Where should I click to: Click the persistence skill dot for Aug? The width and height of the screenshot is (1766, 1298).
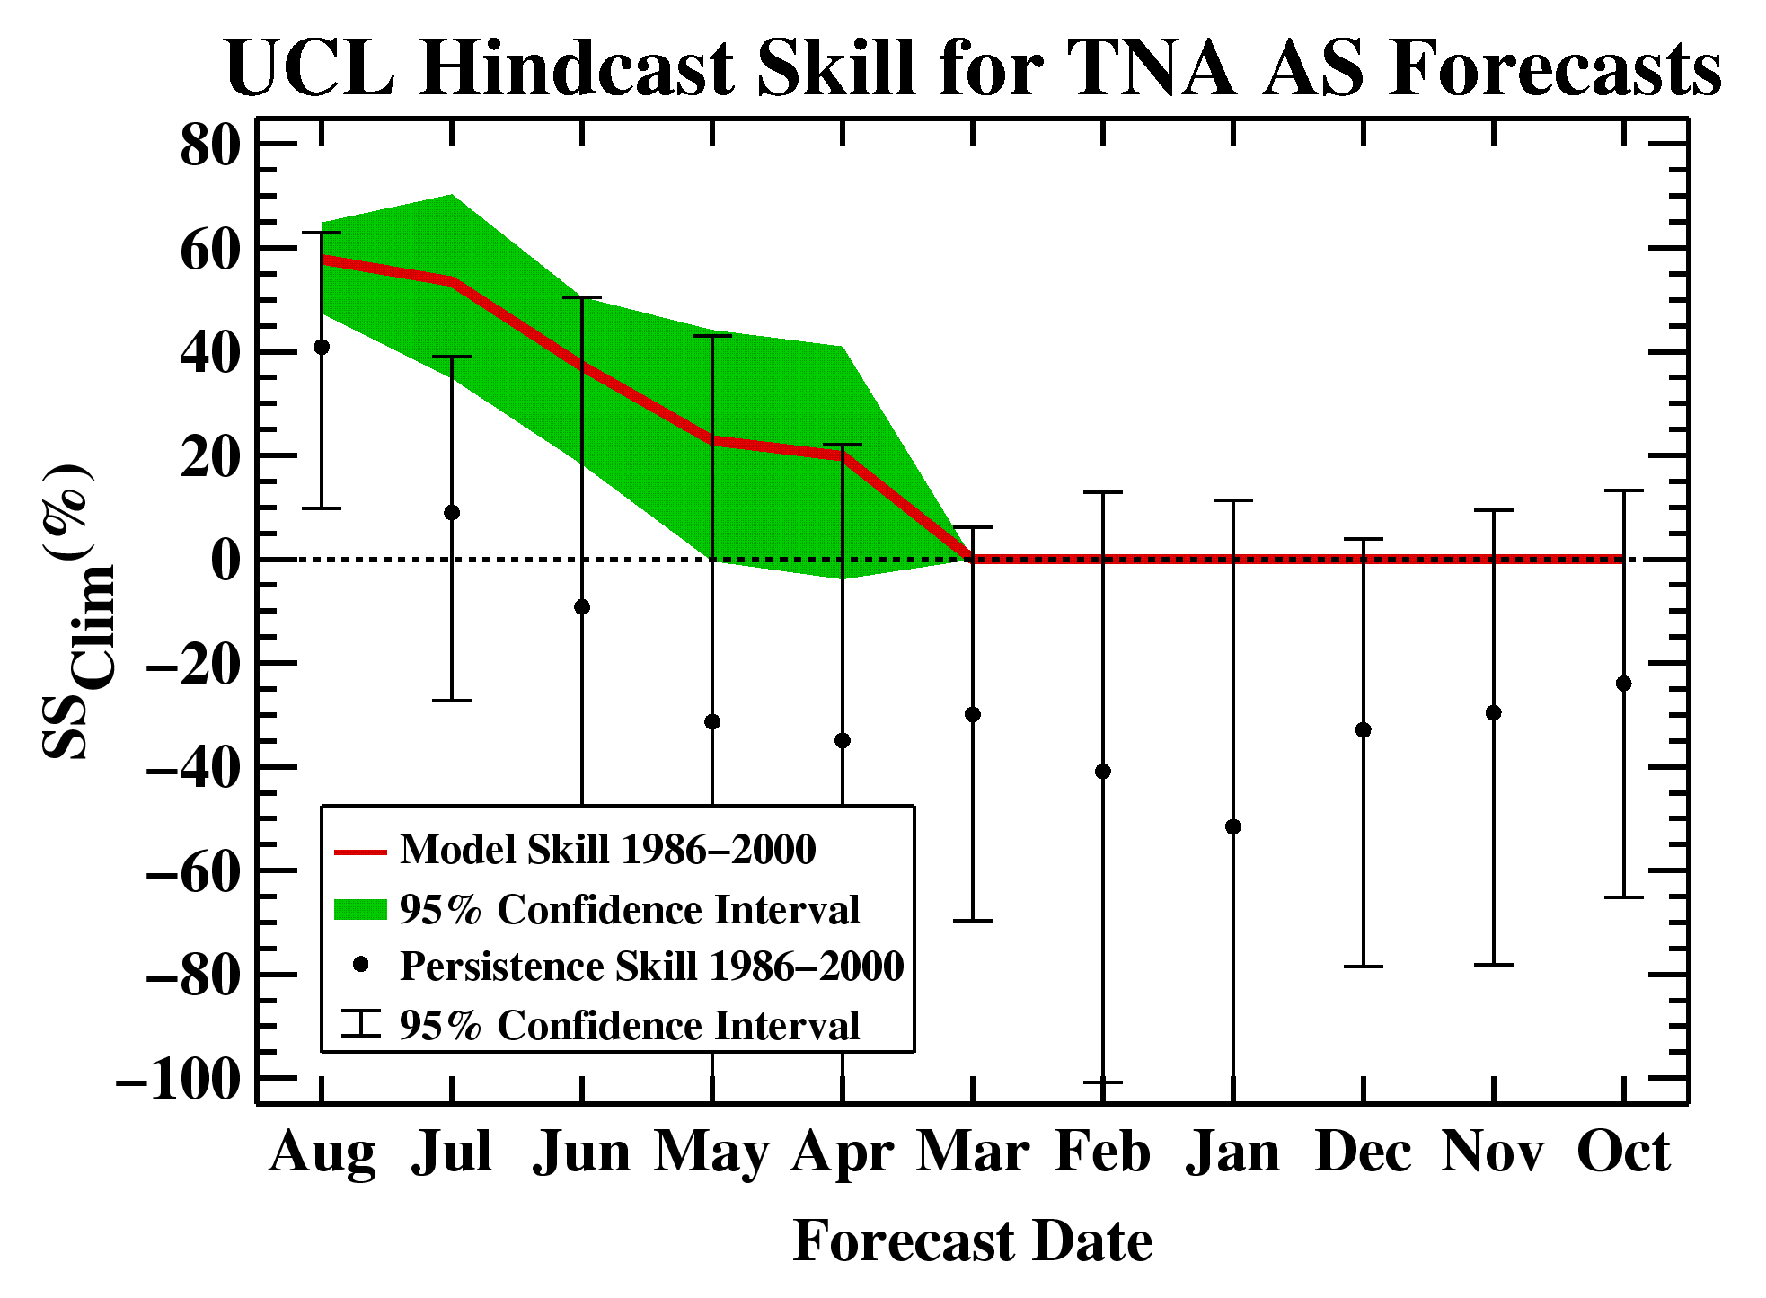pyautogui.click(x=322, y=347)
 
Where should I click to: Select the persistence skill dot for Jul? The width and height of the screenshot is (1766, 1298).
pyautogui.click(x=452, y=512)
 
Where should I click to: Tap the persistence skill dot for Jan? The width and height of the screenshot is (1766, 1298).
pyautogui.click(x=1233, y=826)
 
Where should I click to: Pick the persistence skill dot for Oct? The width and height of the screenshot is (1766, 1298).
pyautogui.click(x=1623, y=684)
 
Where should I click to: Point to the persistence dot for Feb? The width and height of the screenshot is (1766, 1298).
pyautogui.click(x=1103, y=772)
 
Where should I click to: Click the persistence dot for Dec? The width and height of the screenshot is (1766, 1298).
pyautogui.click(x=1364, y=729)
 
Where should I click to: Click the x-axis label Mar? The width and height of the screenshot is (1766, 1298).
pyautogui.click(x=972, y=1152)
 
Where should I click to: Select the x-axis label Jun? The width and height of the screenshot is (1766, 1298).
pyautogui.click(x=582, y=1152)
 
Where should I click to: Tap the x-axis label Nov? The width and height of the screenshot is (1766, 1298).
pyautogui.click(x=1493, y=1152)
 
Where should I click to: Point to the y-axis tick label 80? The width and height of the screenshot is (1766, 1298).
pyautogui.click(x=211, y=145)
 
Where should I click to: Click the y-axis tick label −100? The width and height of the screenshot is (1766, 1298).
pyautogui.click(x=180, y=1078)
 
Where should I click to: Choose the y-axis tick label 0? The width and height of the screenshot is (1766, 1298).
pyautogui.click(x=226, y=560)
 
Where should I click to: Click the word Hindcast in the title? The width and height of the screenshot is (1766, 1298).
pyautogui.click(x=577, y=68)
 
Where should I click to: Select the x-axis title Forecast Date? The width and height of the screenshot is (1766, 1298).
pyautogui.click(x=973, y=1241)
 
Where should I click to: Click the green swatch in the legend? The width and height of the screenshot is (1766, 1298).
pyautogui.click(x=360, y=910)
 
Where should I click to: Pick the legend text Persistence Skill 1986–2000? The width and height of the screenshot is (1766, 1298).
pyautogui.click(x=652, y=967)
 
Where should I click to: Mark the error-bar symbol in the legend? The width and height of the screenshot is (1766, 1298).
pyautogui.click(x=361, y=1025)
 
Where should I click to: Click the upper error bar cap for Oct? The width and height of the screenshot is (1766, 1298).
pyautogui.click(x=1623, y=490)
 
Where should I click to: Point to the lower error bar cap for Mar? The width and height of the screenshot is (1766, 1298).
pyautogui.click(x=972, y=921)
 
